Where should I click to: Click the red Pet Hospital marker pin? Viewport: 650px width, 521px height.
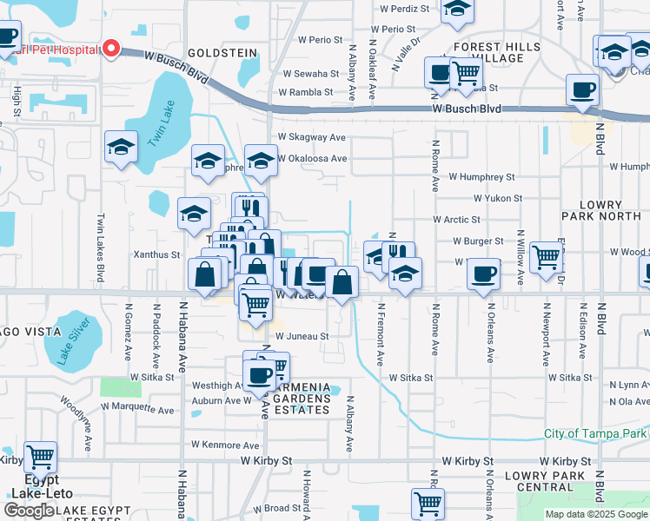110,49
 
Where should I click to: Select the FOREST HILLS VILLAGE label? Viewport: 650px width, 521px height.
496,52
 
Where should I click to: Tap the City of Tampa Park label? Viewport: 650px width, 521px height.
595,433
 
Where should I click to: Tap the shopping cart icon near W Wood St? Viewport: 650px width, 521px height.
546,255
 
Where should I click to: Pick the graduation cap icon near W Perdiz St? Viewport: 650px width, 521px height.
457,10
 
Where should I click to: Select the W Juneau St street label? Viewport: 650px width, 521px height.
302,336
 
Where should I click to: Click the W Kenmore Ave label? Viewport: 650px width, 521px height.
226,445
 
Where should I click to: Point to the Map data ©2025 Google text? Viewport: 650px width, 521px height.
595,514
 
